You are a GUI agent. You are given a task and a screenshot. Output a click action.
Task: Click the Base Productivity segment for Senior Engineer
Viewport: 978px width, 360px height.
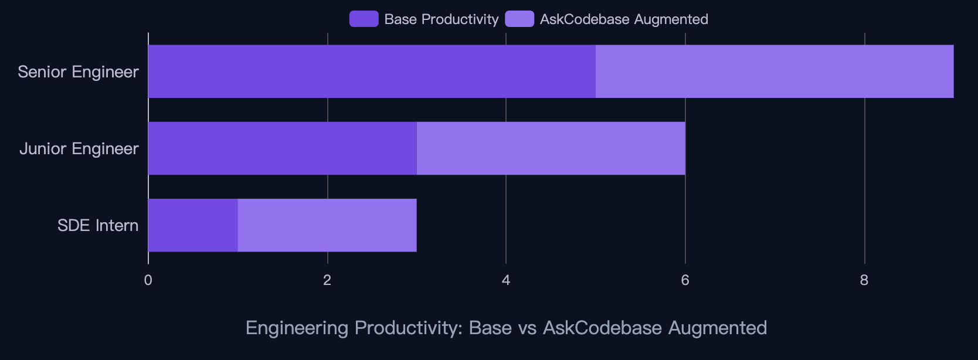pos(372,72)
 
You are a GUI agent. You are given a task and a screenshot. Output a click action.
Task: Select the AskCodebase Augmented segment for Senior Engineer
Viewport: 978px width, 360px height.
pos(775,72)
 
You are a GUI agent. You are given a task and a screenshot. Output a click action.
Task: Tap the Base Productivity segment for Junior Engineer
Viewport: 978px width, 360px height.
pos(282,148)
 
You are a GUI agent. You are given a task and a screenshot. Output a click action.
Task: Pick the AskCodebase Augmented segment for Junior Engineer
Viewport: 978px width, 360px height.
pos(551,148)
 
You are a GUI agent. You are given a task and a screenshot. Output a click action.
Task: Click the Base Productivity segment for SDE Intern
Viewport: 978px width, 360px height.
pos(193,225)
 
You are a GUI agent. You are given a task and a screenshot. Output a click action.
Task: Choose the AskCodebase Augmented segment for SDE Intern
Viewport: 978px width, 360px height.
pos(327,225)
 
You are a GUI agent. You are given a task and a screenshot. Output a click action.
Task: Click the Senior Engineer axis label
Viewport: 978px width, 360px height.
pos(78,72)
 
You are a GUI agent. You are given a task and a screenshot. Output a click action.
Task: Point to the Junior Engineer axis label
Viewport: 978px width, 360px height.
pos(79,148)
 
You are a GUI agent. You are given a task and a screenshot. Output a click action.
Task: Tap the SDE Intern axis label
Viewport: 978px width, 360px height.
pos(98,225)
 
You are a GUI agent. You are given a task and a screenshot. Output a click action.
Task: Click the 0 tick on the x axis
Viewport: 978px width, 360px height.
pos(148,280)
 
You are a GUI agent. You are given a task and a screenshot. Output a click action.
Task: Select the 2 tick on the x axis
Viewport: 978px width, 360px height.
pos(327,280)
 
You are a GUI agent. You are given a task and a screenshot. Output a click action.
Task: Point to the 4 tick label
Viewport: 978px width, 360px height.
pos(506,280)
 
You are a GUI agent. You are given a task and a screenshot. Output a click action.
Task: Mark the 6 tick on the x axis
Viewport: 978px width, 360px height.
pos(685,280)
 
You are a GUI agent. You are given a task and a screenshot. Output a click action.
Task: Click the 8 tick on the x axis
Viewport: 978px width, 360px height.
pos(864,280)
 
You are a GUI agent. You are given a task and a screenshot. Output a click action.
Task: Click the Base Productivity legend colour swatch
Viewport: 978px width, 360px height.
pos(364,19)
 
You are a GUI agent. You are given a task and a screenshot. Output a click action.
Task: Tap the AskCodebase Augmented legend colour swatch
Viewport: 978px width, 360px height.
pos(519,19)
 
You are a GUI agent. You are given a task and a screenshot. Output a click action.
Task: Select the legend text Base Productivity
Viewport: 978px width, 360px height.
pos(441,19)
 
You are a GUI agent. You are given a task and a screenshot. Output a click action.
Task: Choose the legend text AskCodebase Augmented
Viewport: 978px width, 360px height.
pos(624,19)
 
